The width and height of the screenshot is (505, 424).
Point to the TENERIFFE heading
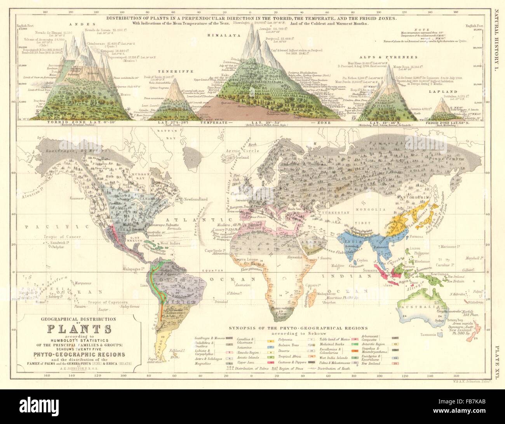click(x=172, y=72)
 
